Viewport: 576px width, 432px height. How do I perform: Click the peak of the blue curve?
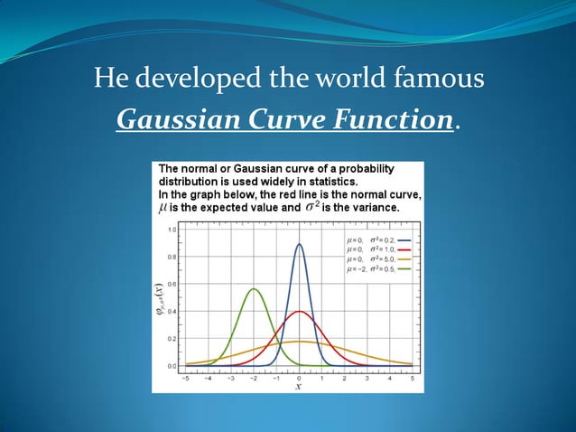click(x=300, y=244)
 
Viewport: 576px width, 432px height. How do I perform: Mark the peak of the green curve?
click(x=255, y=289)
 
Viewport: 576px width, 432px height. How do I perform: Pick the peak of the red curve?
click(x=300, y=312)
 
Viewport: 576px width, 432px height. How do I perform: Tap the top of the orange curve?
click(x=300, y=342)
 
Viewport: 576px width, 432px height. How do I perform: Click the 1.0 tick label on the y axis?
click(x=172, y=230)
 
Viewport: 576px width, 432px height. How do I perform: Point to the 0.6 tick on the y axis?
click(x=172, y=284)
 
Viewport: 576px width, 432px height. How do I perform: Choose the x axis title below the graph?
click(x=299, y=385)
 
